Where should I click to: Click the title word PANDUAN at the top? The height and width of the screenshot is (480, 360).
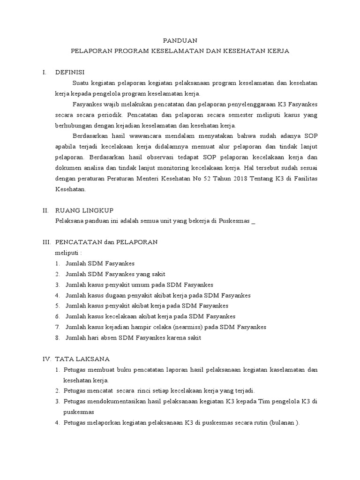pos(180,41)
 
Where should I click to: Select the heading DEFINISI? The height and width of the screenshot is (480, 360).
pos(70,72)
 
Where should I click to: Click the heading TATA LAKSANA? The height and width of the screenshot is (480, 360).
pos(82,359)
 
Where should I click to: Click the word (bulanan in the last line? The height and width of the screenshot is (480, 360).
pos(281,422)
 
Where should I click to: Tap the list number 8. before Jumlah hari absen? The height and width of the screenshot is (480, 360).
pos(58,338)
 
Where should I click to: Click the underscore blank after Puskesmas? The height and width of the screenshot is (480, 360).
pos(254,222)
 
